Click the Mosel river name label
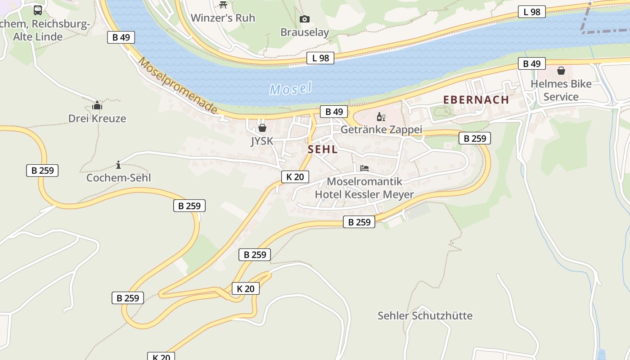tap(290, 89)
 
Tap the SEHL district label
tap(323, 150)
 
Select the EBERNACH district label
tap(476, 100)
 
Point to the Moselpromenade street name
tap(178, 85)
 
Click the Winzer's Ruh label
tap(223, 18)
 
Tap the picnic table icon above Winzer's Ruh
tap(223, 4)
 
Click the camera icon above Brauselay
tap(305, 19)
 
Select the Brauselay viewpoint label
tap(305, 32)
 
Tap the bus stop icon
tap(38, 10)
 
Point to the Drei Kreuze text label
tap(97, 119)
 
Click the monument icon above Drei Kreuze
tap(97, 106)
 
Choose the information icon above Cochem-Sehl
tap(118, 165)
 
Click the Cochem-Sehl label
tap(118, 178)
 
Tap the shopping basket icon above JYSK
tap(262, 128)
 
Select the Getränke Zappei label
tap(381, 130)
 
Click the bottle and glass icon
tap(381, 117)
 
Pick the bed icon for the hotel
tap(364, 168)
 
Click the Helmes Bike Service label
tap(561, 90)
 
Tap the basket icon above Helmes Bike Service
tap(561, 71)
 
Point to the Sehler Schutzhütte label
tap(425, 315)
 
